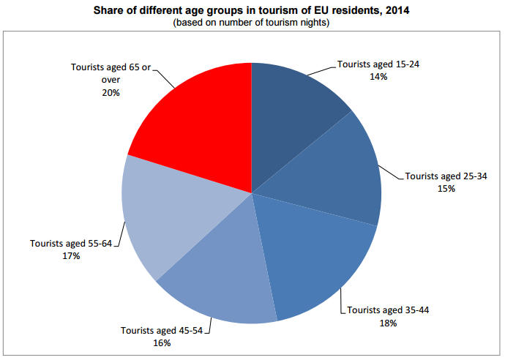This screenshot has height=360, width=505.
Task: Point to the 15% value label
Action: [446, 188]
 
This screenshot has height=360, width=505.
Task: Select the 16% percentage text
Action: [162, 342]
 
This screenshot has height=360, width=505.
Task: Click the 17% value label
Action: [70, 257]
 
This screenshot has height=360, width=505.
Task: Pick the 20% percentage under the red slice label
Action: [111, 93]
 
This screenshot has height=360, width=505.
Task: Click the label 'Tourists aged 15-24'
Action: [378, 64]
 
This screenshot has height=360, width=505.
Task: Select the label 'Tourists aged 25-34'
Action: [446, 176]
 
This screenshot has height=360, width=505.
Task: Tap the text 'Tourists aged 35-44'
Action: [388, 310]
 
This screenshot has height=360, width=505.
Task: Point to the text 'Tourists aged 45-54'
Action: [162, 331]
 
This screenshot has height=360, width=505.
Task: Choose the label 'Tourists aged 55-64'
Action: [70, 244]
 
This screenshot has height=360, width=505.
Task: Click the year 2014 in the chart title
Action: [389, 12]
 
